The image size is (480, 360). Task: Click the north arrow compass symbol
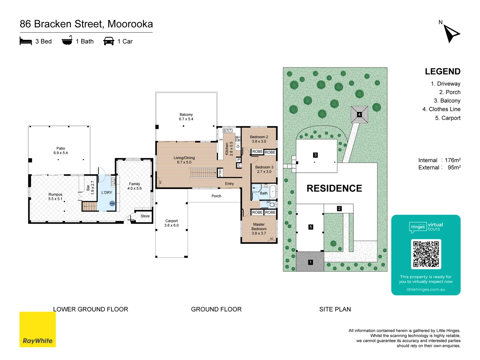(x=451, y=33)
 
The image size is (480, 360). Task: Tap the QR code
(x=426, y=254)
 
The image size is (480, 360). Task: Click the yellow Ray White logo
(x=38, y=329)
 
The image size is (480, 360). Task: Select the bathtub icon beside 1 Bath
(x=67, y=41)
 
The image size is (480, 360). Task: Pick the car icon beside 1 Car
(x=109, y=41)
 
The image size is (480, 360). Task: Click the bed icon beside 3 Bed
(x=26, y=41)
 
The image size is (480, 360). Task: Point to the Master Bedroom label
(x=259, y=229)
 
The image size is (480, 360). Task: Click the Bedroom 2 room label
(x=259, y=139)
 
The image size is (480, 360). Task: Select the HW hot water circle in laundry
(x=112, y=203)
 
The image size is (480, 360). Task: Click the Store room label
(x=145, y=216)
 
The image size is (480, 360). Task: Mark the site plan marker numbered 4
(x=359, y=114)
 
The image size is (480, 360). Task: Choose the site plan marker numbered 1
(x=310, y=262)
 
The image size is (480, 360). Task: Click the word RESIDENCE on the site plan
(x=334, y=188)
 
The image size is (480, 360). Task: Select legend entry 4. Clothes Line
(x=441, y=109)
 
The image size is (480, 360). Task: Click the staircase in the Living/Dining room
(x=203, y=173)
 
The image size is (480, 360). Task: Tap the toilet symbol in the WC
(x=272, y=204)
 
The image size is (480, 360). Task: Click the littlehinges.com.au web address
(x=426, y=289)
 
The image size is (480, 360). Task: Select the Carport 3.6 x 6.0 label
(x=171, y=223)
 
